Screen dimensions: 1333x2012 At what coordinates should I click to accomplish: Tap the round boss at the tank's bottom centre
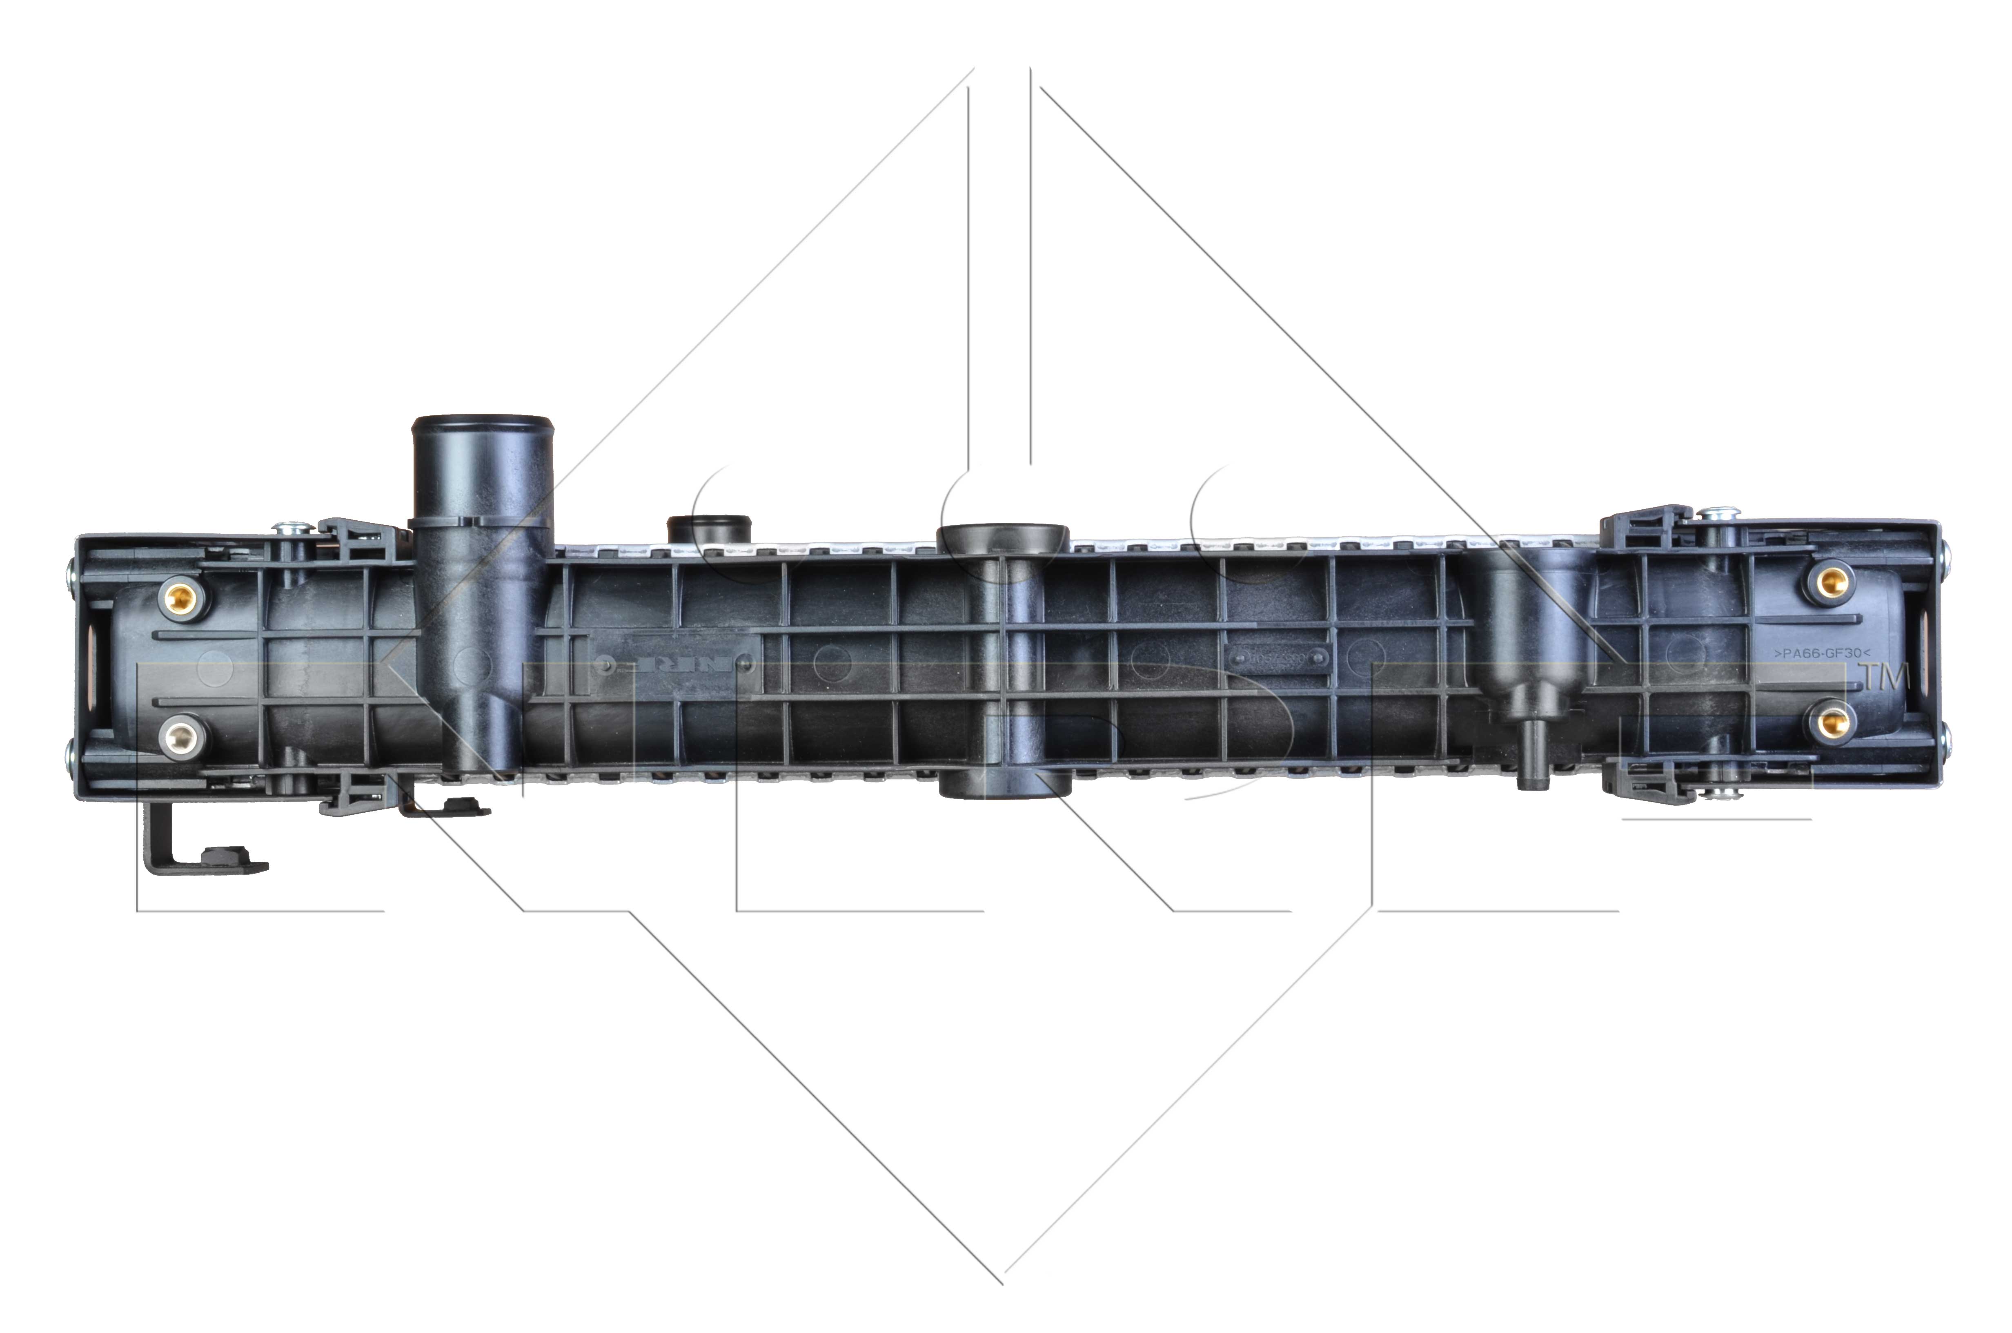pyautogui.click(x=1003, y=784)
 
